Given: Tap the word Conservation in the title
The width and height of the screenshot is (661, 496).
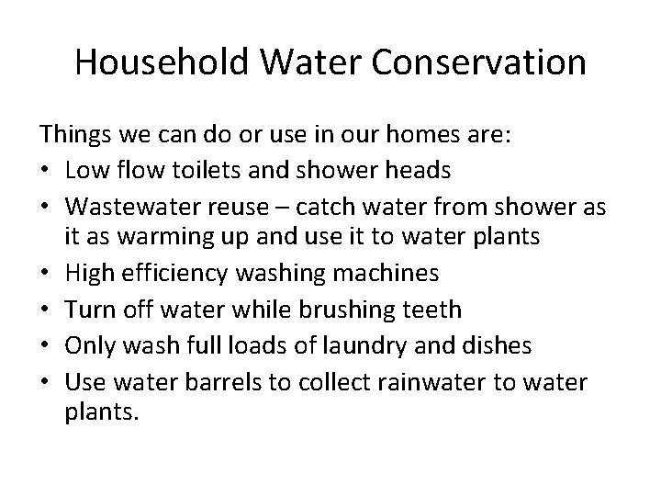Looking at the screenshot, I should coord(480,62).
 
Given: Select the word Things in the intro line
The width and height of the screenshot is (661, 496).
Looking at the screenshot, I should coord(74,135).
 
